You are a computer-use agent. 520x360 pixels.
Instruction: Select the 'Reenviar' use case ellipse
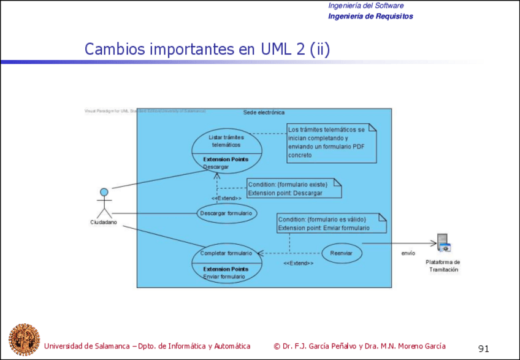(342, 253)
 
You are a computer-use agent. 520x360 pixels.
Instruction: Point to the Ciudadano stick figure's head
(104, 192)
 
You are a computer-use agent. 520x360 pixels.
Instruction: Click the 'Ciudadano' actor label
(104, 223)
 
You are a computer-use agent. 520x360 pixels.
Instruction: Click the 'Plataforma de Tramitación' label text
(443, 266)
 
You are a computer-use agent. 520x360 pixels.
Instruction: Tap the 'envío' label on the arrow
(408, 253)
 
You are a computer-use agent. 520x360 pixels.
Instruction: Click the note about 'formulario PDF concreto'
(331, 143)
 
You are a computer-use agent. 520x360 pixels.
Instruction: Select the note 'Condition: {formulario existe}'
(294, 188)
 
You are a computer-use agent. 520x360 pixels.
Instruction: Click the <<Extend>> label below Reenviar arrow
(299, 263)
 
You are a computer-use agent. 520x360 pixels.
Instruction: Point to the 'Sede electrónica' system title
(264, 113)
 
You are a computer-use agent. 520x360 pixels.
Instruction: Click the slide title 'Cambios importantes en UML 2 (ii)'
(207, 49)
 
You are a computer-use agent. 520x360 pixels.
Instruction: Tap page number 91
(484, 349)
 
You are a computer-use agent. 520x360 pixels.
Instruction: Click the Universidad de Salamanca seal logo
(24, 340)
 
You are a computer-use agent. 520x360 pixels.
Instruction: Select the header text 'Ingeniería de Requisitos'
(370, 17)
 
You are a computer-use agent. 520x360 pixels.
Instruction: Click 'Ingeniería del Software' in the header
(366, 6)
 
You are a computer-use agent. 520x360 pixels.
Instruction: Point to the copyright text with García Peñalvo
(359, 346)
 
